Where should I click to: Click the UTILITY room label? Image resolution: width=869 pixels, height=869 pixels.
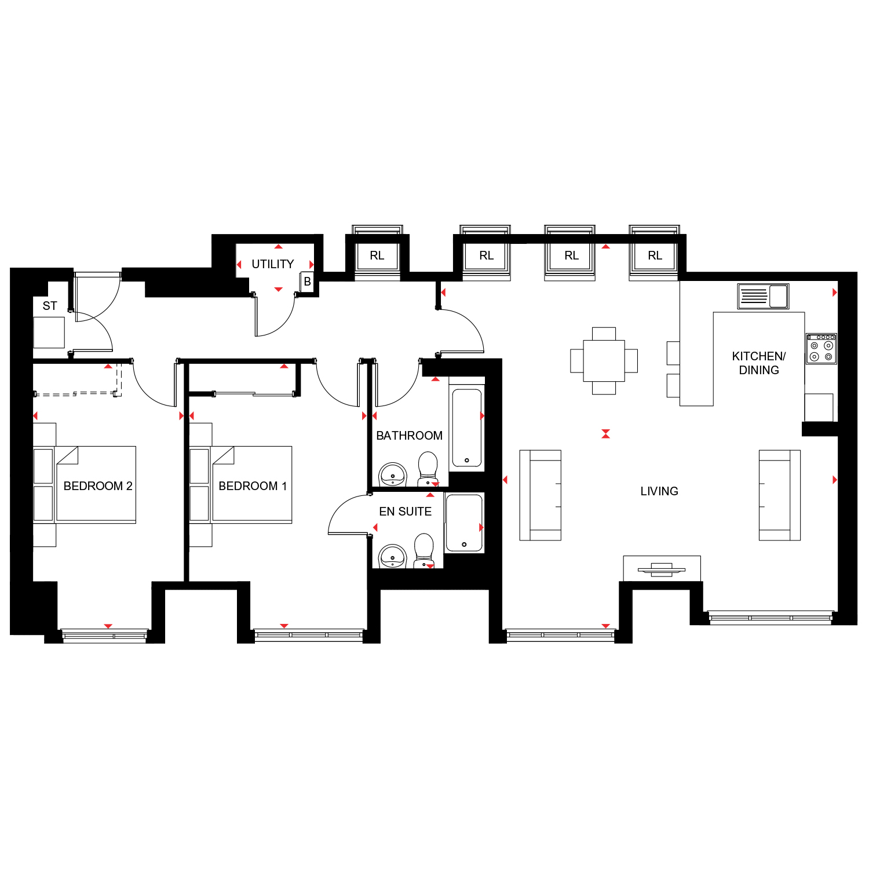[x=273, y=264]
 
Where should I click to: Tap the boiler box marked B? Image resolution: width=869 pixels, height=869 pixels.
[x=308, y=282]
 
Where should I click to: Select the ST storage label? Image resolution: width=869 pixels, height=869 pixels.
[x=50, y=306]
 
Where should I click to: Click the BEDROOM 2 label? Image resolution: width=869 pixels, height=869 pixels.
[x=98, y=486]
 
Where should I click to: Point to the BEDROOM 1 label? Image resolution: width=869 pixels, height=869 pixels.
[x=253, y=486]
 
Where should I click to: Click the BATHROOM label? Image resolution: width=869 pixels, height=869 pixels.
[x=409, y=436]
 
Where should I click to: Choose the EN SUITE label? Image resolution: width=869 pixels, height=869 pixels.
[x=406, y=512]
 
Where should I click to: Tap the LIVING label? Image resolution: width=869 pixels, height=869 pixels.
[x=659, y=491]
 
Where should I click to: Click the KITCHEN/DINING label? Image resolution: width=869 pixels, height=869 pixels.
[x=759, y=363]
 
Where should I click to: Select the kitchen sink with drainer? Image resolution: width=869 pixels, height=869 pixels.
[x=764, y=296]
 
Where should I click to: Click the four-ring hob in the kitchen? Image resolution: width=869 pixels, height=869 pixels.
[x=821, y=349]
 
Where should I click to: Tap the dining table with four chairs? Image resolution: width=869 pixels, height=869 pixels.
[x=604, y=361]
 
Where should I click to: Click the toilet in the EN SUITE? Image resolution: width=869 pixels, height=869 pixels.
[x=424, y=551]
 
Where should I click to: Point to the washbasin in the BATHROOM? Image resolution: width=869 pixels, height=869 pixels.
[x=393, y=475]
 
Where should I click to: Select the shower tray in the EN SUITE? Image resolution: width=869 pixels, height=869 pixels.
[x=464, y=523]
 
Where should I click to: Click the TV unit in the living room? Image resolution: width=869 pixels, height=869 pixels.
[x=662, y=568]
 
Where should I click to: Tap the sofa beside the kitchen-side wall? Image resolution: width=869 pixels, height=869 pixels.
[x=780, y=495]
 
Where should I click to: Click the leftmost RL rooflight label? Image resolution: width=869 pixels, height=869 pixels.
[x=377, y=255]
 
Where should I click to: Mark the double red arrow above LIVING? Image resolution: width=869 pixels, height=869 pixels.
[x=605, y=434]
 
